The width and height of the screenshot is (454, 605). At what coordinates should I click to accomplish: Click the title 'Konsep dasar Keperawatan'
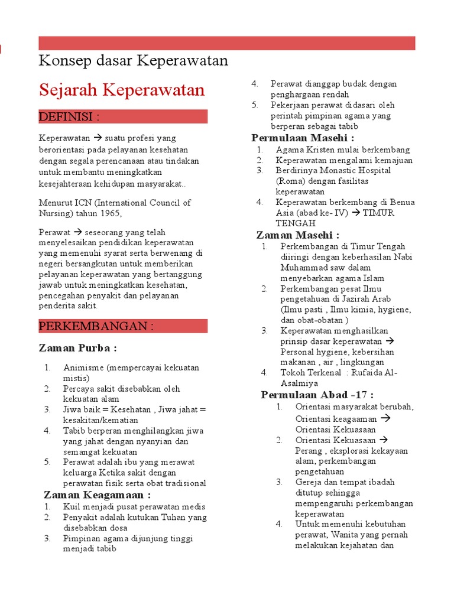pyautogui.click(x=133, y=61)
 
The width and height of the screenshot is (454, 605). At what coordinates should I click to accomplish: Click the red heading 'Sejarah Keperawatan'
pyautogui.click(x=122, y=90)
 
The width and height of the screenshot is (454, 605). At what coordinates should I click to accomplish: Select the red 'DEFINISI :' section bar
pyautogui.click(x=123, y=116)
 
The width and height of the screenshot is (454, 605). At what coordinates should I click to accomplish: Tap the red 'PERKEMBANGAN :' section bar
pyautogui.click(x=123, y=326)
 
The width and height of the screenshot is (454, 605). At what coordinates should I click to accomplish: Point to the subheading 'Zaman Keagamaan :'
pyautogui.click(x=97, y=495)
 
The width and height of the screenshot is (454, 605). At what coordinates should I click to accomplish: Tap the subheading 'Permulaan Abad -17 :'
pyautogui.click(x=317, y=395)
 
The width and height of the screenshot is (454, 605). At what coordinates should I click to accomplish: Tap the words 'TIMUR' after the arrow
pyautogui.click(x=379, y=213)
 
